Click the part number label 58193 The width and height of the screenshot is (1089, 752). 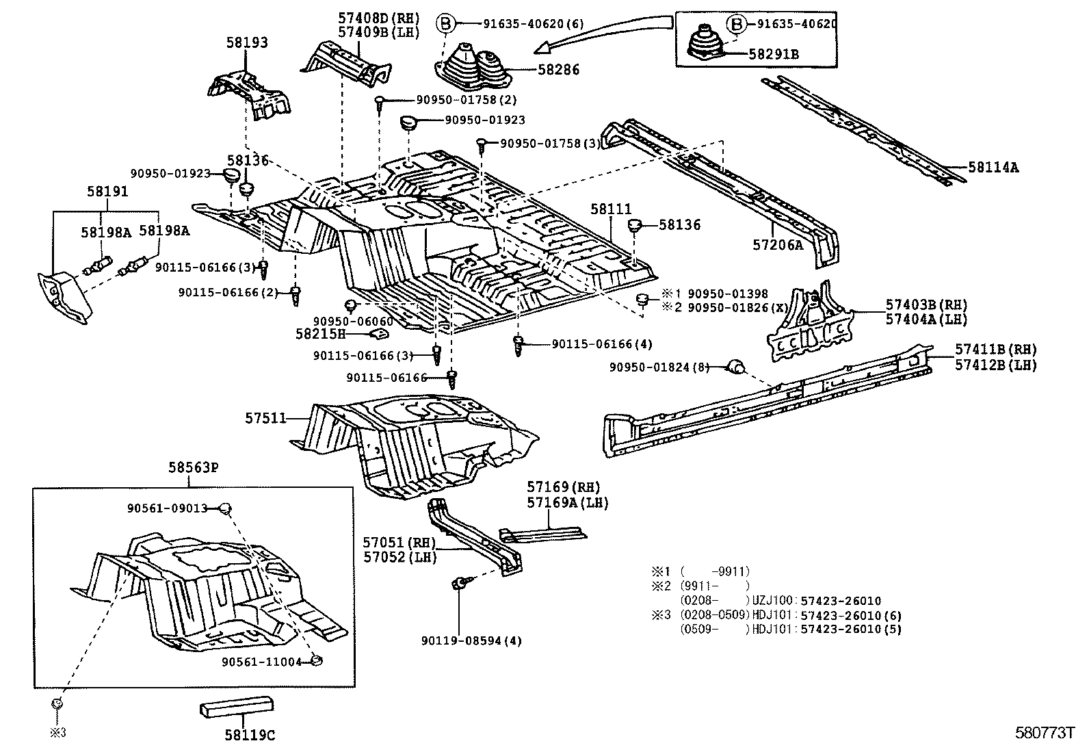247,42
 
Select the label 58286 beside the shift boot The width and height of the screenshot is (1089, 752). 558,70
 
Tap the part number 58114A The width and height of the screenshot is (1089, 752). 993,167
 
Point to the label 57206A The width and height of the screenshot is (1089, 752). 778,245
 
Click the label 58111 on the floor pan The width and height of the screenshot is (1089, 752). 611,209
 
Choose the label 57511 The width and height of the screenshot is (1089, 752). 265,417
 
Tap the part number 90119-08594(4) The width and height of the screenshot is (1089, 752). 471,641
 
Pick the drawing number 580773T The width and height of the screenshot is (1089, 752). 1045,733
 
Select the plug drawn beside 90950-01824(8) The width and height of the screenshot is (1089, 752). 735,367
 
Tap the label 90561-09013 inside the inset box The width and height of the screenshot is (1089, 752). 167,508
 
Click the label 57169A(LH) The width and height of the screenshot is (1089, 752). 567,503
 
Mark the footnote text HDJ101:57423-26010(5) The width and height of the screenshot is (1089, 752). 826,629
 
